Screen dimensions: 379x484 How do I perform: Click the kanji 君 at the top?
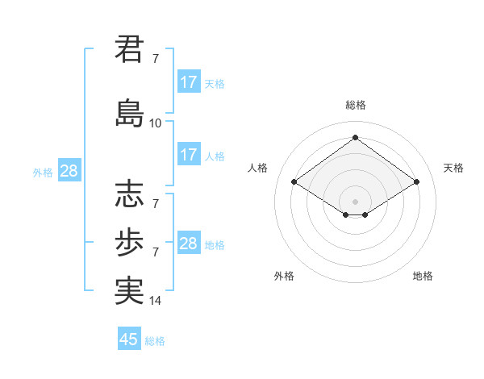click(129, 50)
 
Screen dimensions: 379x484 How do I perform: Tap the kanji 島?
click(129, 112)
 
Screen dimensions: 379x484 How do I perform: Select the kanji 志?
click(129, 194)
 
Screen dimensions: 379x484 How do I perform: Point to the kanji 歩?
click(129, 239)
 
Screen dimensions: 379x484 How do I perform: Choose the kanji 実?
click(129, 289)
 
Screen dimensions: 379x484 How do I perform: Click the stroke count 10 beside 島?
click(156, 123)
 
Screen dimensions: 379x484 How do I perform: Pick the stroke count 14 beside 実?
click(156, 302)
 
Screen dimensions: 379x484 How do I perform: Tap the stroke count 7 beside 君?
click(156, 59)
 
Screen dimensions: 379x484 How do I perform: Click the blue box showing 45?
click(129, 339)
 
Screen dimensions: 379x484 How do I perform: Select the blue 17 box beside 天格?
click(188, 82)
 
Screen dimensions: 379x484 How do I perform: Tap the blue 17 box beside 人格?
click(188, 155)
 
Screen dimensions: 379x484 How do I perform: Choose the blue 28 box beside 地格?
click(188, 244)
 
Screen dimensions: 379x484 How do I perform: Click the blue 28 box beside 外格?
click(69, 171)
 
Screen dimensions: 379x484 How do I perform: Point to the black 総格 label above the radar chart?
click(355, 105)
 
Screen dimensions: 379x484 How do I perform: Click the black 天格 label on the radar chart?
click(453, 168)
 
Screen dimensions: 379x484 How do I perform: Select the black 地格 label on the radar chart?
click(423, 276)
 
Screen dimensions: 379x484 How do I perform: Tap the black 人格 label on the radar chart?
click(258, 168)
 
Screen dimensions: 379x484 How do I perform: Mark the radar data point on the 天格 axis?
click(416, 182)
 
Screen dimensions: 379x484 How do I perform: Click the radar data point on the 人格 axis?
click(294, 182)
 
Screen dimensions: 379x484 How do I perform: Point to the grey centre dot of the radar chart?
click(355, 200)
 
